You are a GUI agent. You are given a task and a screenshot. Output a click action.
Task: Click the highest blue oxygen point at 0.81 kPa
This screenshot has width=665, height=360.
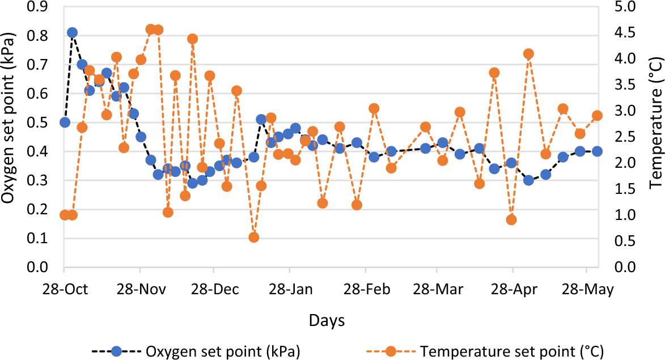(x=72, y=33)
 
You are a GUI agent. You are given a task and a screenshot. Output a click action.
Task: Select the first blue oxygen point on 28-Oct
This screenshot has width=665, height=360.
(x=65, y=122)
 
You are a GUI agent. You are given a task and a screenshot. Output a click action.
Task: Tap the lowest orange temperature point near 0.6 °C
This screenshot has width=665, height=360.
(x=254, y=238)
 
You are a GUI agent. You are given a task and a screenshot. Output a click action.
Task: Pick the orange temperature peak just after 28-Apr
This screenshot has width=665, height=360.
(x=528, y=54)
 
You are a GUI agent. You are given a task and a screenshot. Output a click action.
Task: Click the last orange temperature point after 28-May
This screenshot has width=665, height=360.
(x=597, y=116)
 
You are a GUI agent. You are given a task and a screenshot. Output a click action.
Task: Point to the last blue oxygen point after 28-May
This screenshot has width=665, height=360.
(x=597, y=151)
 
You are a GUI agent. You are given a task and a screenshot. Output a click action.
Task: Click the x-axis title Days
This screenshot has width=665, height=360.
(x=327, y=321)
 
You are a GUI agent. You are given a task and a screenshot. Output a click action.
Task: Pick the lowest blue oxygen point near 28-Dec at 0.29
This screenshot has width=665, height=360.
(x=192, y=183)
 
